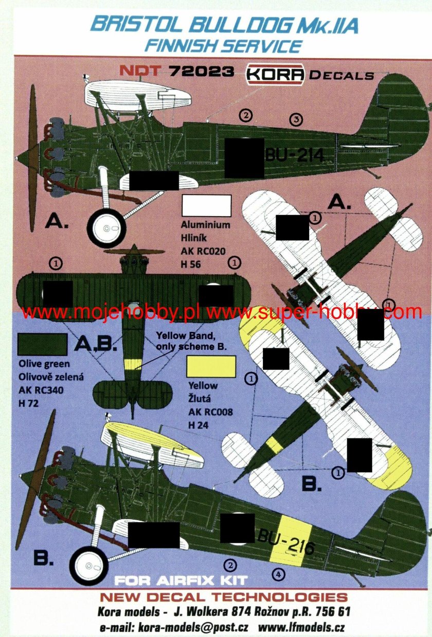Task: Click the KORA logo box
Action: click(276, 75)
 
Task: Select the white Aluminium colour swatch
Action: click(207, 206)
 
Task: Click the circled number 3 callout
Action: click(295, 119)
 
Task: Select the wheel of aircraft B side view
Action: click(88, 566)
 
